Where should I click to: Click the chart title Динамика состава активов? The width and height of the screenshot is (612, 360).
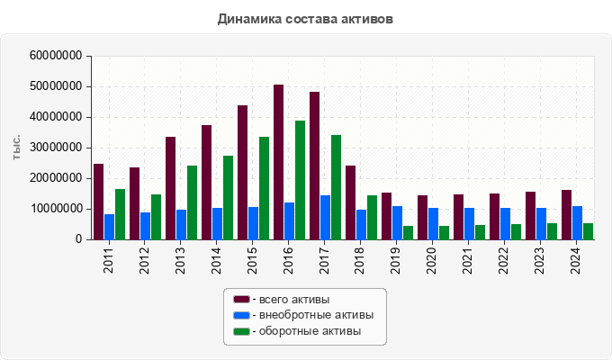tap(305, 19)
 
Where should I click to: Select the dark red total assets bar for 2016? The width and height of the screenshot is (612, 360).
tap(279, 162)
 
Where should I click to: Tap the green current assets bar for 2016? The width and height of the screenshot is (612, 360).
tap(300, 180)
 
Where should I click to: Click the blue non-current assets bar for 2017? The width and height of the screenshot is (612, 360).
tap(326, 217)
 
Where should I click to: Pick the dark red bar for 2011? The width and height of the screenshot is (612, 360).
tap(99, 202)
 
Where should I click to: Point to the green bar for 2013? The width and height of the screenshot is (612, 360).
tap(192, 202)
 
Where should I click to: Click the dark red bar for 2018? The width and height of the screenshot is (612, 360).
tap(351, 202)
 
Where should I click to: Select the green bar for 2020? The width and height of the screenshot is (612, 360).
tap(444, 232)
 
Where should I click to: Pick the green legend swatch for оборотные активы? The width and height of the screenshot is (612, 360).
tap(241, 331)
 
